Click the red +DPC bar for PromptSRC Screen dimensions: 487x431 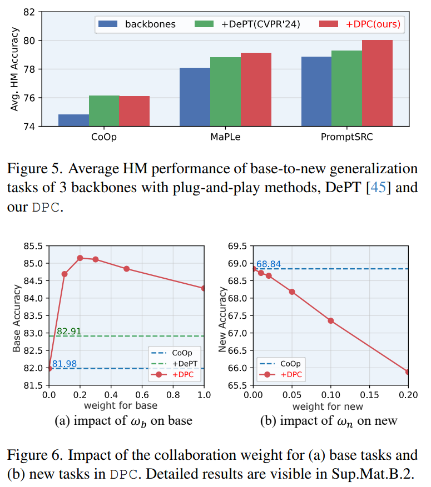(377, 83)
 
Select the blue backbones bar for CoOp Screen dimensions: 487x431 (73, 121)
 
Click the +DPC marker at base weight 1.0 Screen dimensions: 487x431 (204, 288)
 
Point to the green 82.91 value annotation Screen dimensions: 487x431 (69, 331)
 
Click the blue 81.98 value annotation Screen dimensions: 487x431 (65, 364)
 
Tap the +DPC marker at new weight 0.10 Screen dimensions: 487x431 (331, 320)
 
